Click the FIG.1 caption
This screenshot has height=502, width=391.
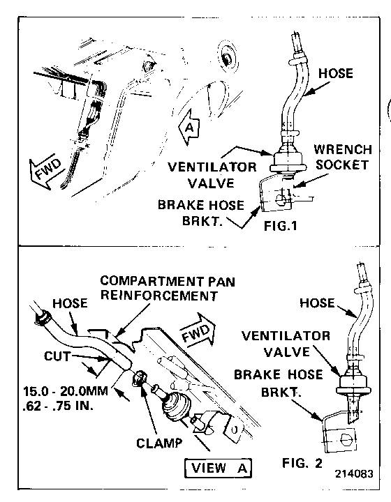(281, 226)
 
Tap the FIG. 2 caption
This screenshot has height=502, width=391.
(302, 463)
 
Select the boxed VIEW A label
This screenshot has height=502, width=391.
(219, 468)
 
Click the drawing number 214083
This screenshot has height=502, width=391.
(354, 474)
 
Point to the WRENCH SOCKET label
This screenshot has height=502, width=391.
(343, 157)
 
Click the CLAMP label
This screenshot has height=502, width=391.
(159, 443)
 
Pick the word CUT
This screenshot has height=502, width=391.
(57, 356)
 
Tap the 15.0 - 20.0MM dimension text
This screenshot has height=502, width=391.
(66, 392)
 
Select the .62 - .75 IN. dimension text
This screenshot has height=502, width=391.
(58, 406)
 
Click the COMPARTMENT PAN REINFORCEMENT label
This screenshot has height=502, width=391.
(168, 288)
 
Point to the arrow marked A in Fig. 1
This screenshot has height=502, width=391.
(189, 127)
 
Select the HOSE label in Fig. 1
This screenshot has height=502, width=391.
(336, 73)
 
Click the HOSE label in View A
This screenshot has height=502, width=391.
(70, 303)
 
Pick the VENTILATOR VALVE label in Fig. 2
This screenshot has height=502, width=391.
(286, 344)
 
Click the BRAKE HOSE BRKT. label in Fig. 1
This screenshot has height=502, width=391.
(201, 213)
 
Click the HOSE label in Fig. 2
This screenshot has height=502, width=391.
(317, 303)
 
